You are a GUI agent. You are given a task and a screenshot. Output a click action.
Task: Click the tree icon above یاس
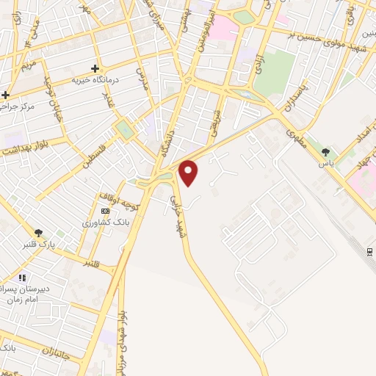tap(325, 152)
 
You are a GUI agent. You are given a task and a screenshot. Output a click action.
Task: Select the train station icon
tap(369, 251)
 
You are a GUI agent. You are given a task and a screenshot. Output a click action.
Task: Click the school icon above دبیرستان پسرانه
tap(22, 278)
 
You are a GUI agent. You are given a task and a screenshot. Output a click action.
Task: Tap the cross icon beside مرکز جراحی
tap(6, 95)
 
